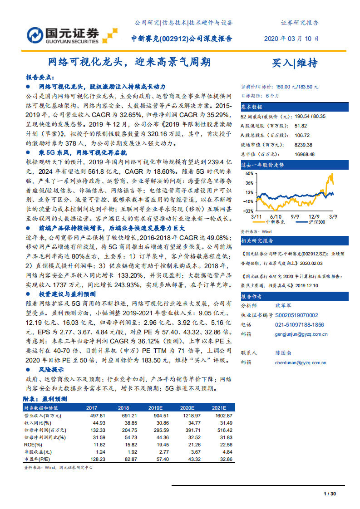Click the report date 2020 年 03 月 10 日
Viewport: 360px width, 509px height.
291,39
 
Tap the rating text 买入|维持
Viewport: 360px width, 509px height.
295,63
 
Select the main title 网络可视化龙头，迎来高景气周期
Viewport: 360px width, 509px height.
129,62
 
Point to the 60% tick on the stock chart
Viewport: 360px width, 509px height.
248,174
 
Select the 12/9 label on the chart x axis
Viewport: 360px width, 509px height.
313,217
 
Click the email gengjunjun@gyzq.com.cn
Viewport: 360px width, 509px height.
301,334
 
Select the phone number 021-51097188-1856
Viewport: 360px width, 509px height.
299,325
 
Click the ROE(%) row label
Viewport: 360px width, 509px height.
33,445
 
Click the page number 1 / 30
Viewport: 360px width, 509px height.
330,494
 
